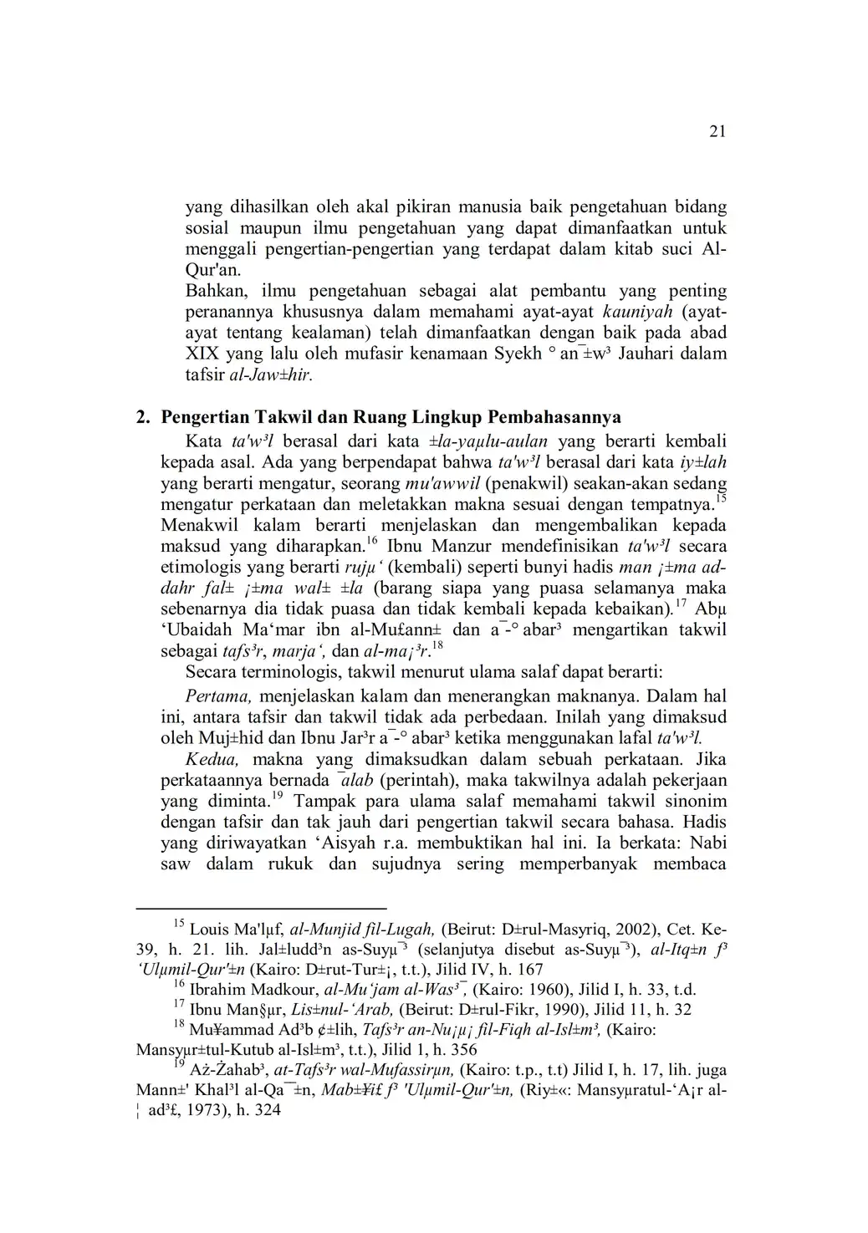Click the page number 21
(717, 131)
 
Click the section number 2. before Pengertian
(144, 416)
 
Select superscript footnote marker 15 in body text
(721, 499)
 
